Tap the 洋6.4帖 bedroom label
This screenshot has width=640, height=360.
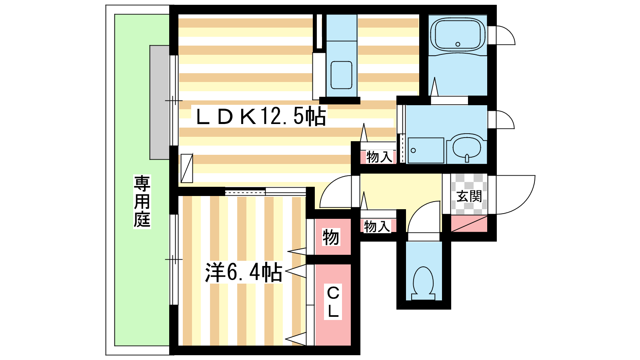244,272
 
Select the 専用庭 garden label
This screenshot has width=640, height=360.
142,202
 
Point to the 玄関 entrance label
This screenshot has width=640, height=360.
469,196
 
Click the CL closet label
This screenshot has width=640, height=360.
333,302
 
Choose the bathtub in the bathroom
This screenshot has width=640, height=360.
458,35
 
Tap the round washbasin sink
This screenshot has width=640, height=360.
466,147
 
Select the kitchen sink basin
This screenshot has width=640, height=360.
341,75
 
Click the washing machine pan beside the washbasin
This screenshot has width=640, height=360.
426,150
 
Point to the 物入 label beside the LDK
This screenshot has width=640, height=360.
379,157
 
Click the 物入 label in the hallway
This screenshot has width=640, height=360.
377,226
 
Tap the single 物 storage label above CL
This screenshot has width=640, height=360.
331,237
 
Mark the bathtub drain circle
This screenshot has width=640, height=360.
458,44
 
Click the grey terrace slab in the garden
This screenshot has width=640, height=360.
160,102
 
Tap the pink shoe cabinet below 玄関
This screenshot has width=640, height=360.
469,224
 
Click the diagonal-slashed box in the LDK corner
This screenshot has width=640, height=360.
187,168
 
